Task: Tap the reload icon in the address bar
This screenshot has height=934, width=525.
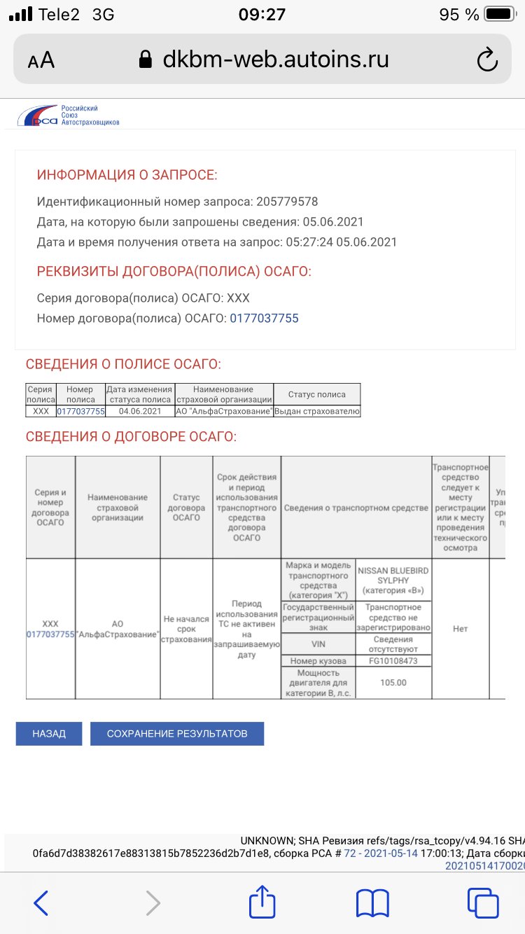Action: (486, 60)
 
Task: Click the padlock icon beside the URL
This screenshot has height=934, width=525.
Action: (146, 60)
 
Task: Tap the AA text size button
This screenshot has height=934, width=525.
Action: (41, 61)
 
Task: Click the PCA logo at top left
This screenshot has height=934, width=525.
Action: (68, 116)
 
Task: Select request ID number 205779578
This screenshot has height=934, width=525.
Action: (287, 202)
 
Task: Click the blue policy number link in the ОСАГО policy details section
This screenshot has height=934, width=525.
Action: (265, 318)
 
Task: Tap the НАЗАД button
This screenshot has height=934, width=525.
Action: (49, 734)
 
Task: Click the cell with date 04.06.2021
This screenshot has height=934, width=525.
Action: (140, 412)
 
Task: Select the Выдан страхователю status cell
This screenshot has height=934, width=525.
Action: (317, 412)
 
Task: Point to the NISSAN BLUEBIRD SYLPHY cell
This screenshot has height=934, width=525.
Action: (393, 580)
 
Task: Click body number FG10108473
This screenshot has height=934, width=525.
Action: (393, 661)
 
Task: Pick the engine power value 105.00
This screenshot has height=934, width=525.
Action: (393, 683)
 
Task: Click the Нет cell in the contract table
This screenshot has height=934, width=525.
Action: (460, 629)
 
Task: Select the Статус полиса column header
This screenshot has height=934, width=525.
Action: (317, 395)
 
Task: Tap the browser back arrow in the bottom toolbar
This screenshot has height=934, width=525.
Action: (41, 903)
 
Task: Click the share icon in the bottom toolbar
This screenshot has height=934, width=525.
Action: (262, 902)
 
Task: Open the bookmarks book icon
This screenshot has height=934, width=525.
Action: (372, 903)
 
